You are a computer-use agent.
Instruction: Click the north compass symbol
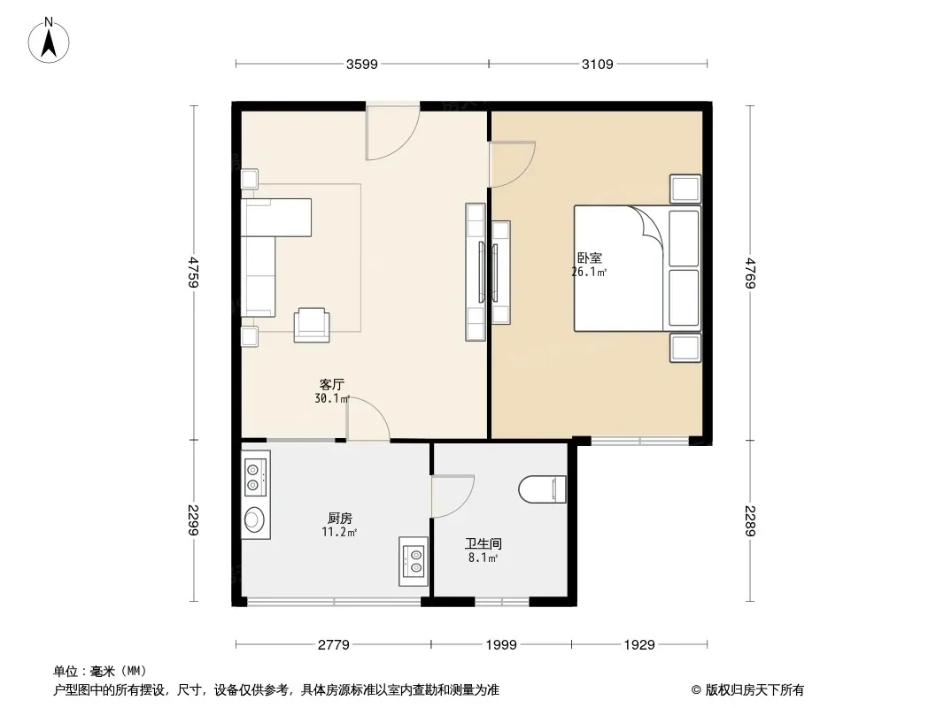point(50,39)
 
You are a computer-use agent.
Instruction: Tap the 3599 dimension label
point(362,64)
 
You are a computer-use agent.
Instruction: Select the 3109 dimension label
point(598,64)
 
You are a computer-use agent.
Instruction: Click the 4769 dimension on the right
point(751,273)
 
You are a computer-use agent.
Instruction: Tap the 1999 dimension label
point(500,645)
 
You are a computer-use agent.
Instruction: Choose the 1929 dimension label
point(638,645)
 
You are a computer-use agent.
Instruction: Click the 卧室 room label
point(589,258)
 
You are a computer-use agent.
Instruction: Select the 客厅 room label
point(332,385)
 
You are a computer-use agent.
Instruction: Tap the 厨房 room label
point(340,518)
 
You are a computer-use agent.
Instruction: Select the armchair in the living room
point(312,324)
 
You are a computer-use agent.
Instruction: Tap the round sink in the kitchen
point(255,519)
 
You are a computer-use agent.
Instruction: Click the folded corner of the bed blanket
point(649,226)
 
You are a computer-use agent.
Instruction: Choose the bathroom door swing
point(452,496)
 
